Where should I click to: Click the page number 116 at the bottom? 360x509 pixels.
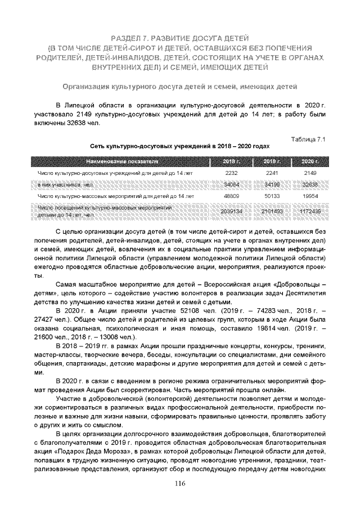179,484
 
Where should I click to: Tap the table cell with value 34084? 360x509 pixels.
232,184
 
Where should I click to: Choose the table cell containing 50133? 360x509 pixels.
272,196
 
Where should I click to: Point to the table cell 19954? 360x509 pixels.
310,196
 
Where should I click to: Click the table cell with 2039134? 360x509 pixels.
232,211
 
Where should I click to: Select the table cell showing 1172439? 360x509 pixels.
310,211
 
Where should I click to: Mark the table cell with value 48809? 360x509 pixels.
232,196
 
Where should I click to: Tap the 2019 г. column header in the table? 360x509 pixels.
272,161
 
